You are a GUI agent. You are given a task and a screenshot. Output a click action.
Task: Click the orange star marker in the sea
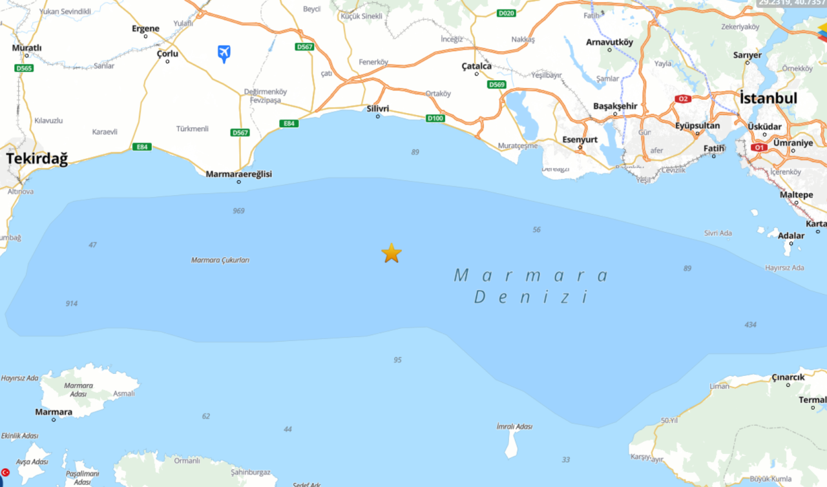pos(392,253)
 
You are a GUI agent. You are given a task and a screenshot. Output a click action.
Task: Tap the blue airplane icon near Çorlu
pos(224,52)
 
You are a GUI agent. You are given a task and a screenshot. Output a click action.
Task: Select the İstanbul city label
pos(768,98)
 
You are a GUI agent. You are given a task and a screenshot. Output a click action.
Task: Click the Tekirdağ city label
pos(37,159)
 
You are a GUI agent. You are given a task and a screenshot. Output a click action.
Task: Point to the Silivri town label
pos(378,109)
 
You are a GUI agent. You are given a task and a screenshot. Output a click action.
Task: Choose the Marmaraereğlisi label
pos(239,174)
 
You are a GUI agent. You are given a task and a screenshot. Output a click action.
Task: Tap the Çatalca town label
pos(477,67)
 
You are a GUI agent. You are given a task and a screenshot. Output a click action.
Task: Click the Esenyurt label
pos(580,140)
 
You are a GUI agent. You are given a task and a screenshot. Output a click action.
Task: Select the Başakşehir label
pos(615,106)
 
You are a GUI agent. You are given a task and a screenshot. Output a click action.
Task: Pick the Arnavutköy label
pos(609,43)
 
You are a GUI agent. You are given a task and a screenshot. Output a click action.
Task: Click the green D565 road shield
pos(24,68)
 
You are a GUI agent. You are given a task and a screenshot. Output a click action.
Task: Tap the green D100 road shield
pos(435,118)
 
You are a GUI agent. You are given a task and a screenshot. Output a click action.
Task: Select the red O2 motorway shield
pos(683,99)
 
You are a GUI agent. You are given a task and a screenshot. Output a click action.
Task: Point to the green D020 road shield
pos(507,13)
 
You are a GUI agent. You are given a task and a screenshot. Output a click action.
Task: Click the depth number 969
pos(239,211)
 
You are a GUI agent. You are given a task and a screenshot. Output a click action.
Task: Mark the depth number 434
pos(750,325)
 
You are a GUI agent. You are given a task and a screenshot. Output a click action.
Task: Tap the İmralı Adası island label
pos(514,427)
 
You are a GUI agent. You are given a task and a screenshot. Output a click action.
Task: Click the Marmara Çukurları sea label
pos(220,260)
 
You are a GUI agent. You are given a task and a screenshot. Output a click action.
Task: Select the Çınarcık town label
pos(788,377)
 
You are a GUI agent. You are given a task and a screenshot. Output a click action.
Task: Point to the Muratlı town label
pos(27,48)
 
